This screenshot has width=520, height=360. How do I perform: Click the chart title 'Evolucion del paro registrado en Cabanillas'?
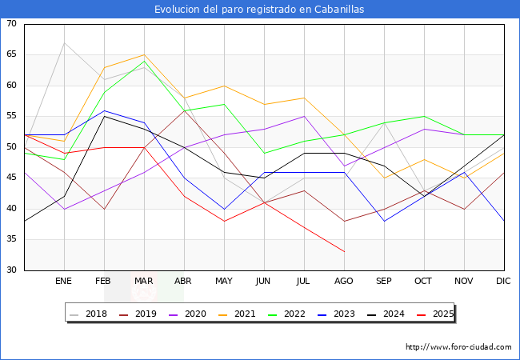(x=260, y=9)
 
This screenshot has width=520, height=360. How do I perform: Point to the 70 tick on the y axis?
(x=11, y=24)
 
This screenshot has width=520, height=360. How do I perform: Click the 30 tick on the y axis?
(x=11, y=270)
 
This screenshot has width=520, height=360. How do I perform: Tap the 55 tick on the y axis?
(x=11, y=117)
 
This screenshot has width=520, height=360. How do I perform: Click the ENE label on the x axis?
(x=64, y=282)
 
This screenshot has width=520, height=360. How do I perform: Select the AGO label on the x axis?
(x=344, y=282)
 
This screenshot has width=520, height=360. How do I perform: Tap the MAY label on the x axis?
(x=224, y=282)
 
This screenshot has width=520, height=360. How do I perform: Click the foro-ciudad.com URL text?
(x=458, y=347)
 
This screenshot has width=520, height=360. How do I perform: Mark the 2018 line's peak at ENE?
(x=64, y=42)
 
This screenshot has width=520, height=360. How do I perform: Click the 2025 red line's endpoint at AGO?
(x=344, y=252)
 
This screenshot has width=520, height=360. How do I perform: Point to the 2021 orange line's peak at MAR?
(x=144, y=55)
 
